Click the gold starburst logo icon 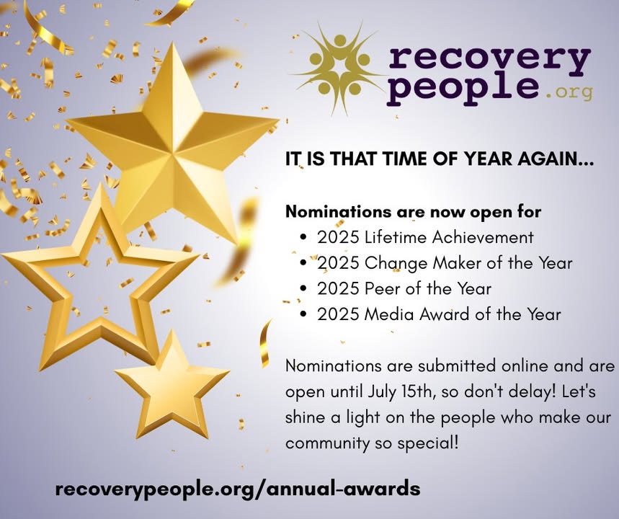coord(338,68)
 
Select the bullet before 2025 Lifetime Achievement coord(303,237)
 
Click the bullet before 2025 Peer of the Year coord(303,289)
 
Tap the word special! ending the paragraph coord(428,443)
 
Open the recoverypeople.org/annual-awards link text coord(238,489)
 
